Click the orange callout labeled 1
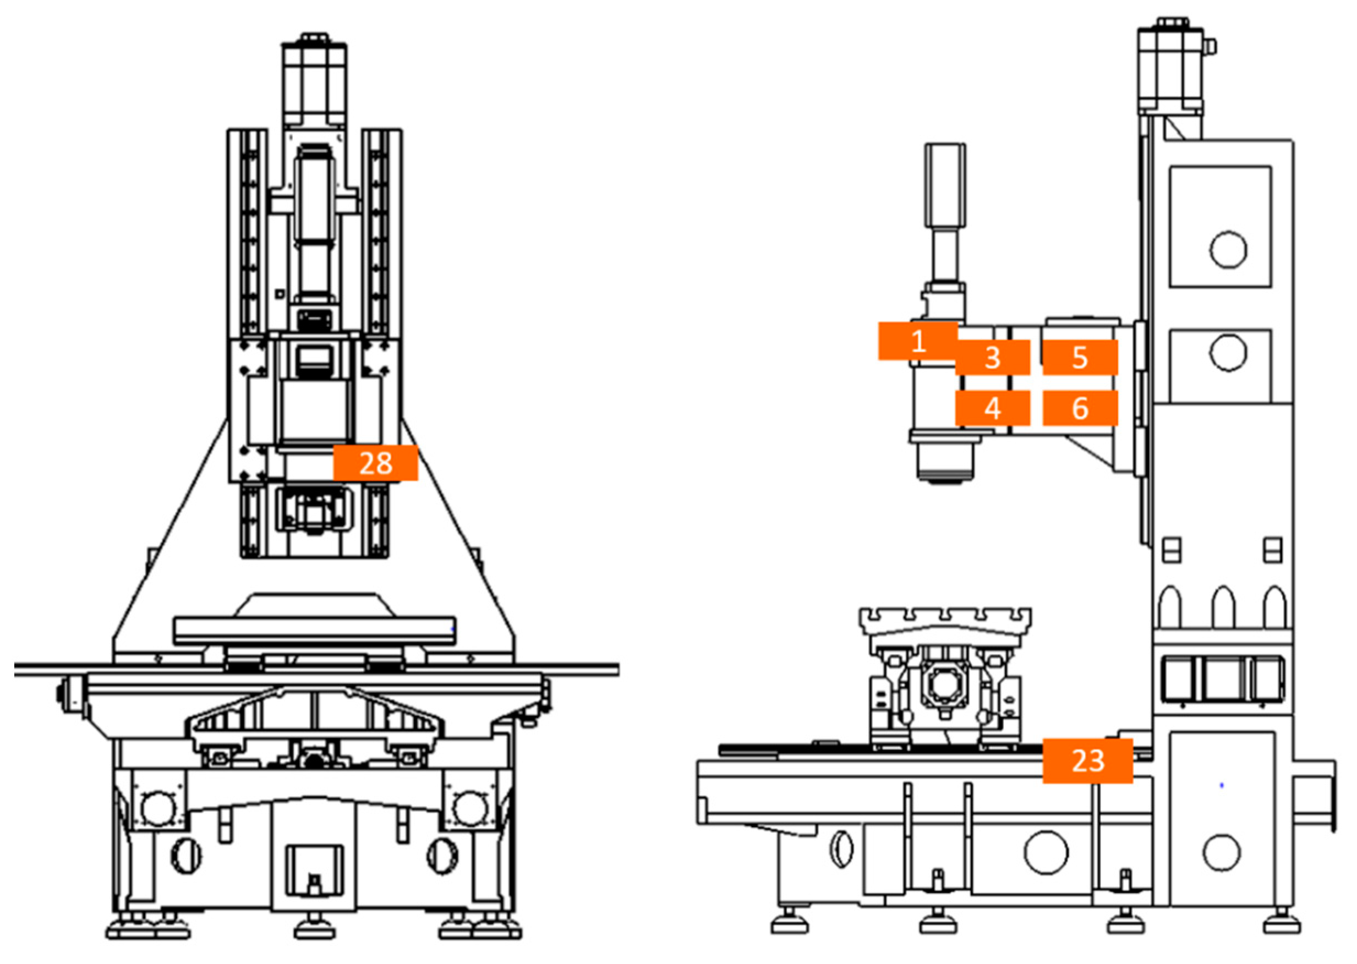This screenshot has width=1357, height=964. coord(917,341)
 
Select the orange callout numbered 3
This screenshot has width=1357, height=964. coord(992,357)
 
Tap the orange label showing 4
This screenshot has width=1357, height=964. coord(992,408)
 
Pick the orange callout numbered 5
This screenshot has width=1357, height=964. coord(1079,357)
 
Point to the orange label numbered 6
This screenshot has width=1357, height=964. coord(1079,408)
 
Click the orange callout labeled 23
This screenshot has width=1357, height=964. coord(1087,760)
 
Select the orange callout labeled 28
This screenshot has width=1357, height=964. coord(375,463)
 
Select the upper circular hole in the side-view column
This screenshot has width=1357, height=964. coord(1228,249)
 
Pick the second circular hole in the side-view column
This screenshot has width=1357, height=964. coord(1228,353)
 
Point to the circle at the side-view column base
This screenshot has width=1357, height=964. coord(1221,852)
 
